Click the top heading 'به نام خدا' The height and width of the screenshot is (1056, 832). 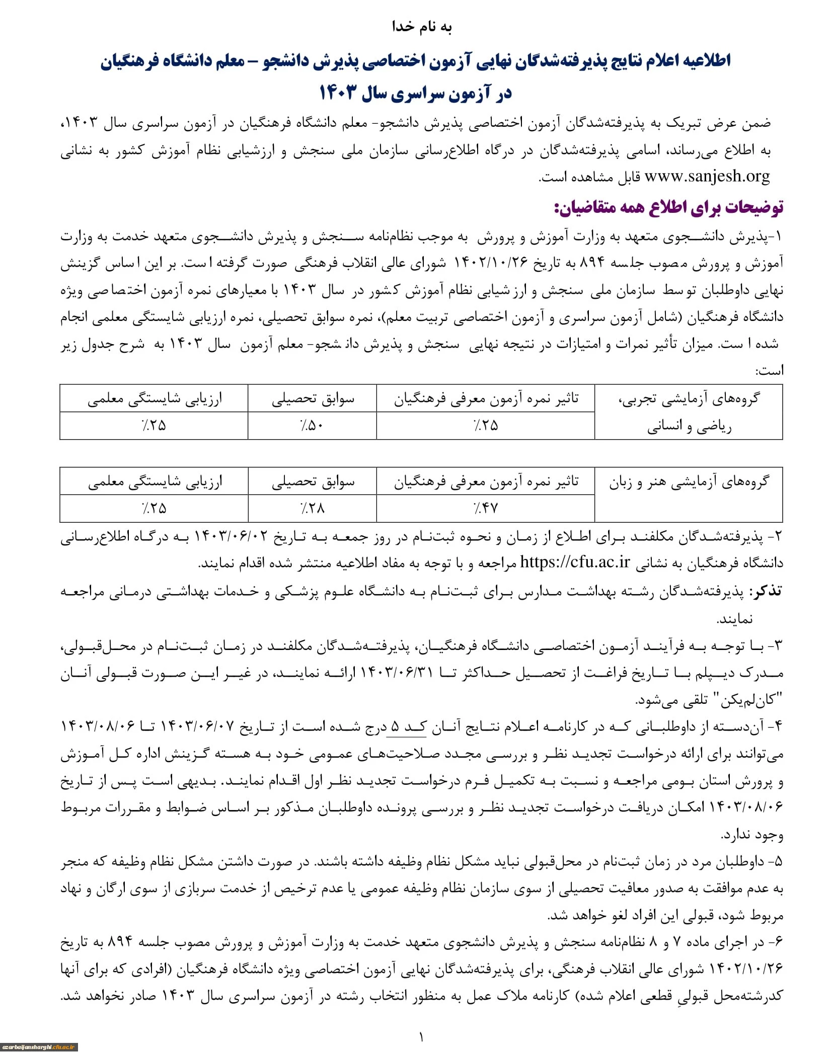422,27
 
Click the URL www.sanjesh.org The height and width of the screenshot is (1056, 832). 707,177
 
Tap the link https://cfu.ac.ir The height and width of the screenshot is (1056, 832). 574,562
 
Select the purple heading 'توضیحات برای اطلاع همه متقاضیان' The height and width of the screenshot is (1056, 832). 668,207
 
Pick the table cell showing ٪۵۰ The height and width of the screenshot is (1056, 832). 312,426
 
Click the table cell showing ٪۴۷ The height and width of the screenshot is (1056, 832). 485,509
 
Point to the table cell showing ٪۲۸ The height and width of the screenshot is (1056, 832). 312,509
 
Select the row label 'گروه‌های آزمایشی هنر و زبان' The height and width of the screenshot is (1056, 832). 689,482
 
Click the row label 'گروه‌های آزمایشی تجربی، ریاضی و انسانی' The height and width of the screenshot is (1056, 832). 689,412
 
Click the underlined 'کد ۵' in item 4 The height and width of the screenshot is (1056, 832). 406,726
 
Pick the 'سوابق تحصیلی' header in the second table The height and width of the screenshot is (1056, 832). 313,482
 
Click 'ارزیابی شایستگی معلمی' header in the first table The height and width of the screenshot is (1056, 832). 154,399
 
